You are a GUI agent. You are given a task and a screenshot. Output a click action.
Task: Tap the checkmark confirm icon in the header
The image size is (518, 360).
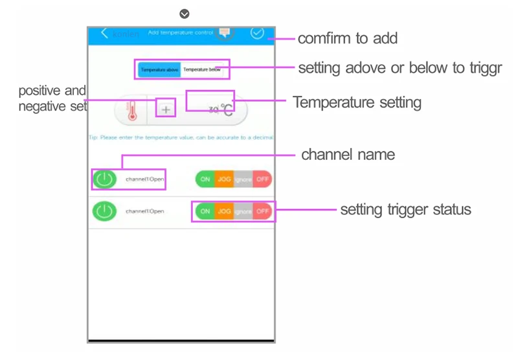257,33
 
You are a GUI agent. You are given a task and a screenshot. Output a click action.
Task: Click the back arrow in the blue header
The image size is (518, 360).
105,33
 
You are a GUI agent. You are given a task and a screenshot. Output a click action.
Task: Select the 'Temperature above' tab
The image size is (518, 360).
159,69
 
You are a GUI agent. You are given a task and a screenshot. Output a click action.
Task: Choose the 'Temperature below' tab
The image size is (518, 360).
202,69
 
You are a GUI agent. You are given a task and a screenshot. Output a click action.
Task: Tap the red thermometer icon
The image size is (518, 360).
132,111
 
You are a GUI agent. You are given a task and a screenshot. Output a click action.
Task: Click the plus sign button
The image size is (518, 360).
166,110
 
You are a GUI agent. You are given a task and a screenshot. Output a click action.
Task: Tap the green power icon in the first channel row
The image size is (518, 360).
105,179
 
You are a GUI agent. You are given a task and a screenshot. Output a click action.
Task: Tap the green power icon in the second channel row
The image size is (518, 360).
105,211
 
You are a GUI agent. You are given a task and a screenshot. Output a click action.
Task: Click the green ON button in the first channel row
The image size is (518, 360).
205,179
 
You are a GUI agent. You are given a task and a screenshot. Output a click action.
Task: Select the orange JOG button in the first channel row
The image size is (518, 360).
224,179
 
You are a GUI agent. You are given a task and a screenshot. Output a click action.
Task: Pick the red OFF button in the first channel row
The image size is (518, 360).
262,179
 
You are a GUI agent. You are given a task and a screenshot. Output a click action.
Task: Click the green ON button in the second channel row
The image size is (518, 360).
205,211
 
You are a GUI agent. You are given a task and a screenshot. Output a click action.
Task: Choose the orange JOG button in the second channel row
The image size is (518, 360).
224,211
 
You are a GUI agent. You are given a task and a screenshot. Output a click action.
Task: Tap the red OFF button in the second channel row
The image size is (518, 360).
262,211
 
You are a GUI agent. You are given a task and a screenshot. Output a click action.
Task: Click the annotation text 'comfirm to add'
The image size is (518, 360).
347,38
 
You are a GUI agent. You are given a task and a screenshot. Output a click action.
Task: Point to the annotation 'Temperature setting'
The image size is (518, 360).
357,102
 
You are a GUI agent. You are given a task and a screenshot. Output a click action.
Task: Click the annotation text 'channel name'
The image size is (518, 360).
348,155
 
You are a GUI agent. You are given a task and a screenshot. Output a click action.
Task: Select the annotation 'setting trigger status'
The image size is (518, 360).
405,210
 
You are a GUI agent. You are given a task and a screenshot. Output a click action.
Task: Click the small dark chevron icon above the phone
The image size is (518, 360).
185,14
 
